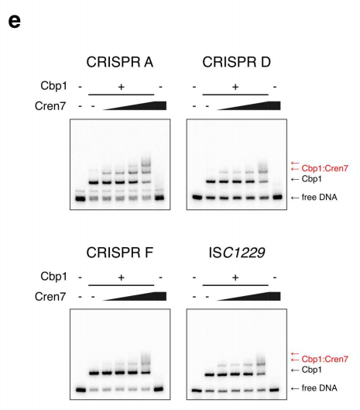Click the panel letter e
point(14,21)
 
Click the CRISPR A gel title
point(120,62)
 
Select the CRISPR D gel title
point(236,62)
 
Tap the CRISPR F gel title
point(120,253)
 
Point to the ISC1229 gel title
point(237,253)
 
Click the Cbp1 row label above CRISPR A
point(53,86)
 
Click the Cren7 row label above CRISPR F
point(50,297)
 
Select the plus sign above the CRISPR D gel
point(235,87)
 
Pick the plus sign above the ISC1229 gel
point(235,277)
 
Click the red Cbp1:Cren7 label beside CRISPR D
point(324,168)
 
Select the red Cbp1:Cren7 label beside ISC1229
point(324,359)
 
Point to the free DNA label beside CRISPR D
point(319,197)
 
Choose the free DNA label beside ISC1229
point(319,388)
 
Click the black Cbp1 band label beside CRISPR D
point(311,179)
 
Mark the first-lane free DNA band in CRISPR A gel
point(81,198)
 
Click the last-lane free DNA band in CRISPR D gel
point(277,197)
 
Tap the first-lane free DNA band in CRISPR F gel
point(81,390)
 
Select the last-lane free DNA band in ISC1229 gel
point(274,390)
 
